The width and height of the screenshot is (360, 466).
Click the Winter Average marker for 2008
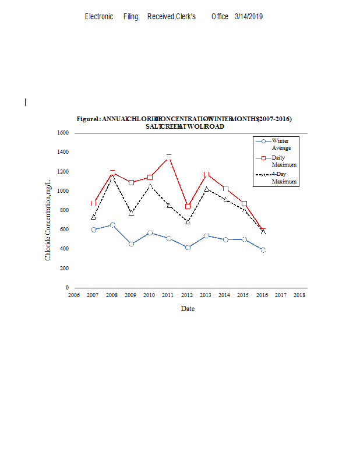[x=112, y=225]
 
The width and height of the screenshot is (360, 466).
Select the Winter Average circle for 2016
[x=263, y=250]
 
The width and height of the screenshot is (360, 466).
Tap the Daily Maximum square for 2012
[x=188, y=206]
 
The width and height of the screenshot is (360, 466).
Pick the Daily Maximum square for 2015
[x=244, y=203]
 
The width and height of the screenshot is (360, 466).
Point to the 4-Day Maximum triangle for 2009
[x=132, y=213]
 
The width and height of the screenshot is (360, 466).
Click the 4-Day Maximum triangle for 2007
[x=94, y=217]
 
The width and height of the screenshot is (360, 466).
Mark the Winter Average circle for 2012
[x=188, y=248]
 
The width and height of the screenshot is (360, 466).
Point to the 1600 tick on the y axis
[x=63, y=133]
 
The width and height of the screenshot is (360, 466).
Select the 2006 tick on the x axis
[x=74, y=295]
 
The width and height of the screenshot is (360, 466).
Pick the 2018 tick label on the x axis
[x=299, y=295]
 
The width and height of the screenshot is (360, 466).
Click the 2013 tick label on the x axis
[x=205, y=295]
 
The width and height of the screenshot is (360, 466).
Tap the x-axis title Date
[x=188, y=309]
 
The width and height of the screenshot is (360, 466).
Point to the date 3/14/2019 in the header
[x=249, y=16]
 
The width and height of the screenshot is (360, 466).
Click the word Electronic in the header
[x=99, y=16]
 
